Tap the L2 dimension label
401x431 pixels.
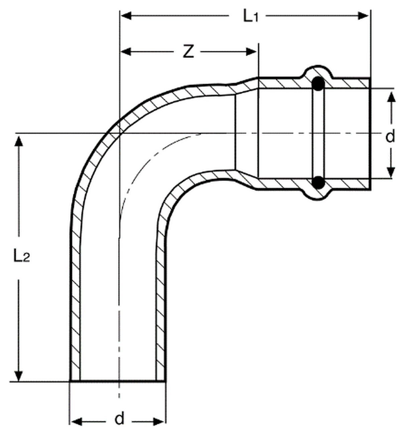(21, 257)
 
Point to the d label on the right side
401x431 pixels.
(390, 136)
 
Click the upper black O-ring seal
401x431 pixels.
(318, 84)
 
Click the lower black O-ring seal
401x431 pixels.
(318, 182)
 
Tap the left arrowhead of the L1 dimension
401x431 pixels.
(126, 16)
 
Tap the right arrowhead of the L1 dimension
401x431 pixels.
(363, 16)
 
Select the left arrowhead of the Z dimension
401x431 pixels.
(126, 52)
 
